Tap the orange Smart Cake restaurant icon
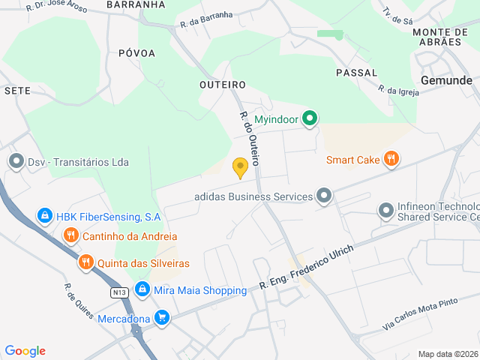(390, 159)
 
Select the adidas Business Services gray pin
(324, 196)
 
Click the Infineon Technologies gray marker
(385, 211)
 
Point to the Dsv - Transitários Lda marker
(16, 162)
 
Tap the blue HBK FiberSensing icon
(44, 217)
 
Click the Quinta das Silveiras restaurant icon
(85, 263)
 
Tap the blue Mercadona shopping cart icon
(160, 318)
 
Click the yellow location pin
(240, 167)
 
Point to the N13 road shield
(118, 292)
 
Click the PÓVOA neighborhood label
(136, 53)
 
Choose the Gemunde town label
(446, 80)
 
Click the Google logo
(25, 351)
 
